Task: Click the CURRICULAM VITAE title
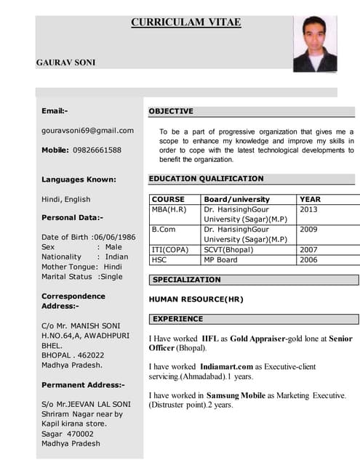tap(185, 23)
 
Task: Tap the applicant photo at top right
tap(315, 43)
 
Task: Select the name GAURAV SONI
tap(63, 62)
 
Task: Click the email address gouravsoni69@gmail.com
tap(87, 130)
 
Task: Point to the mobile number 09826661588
tap(97, 150)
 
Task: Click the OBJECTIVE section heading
tap(171, 111)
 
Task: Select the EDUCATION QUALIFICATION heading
tap(206, 178)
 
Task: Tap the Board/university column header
tap(236, 199)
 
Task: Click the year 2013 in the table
tap(308, 209)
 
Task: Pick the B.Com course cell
tap(164, 230)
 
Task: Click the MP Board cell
tap(220, 259)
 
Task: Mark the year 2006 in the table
tap(308, 259)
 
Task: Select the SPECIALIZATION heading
tap(186, 280)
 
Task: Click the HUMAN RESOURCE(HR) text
tap(196, 299)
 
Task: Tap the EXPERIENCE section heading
tap(177, 319)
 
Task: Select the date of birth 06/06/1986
tap(113, 237)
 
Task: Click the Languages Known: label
tap(79, 179)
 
